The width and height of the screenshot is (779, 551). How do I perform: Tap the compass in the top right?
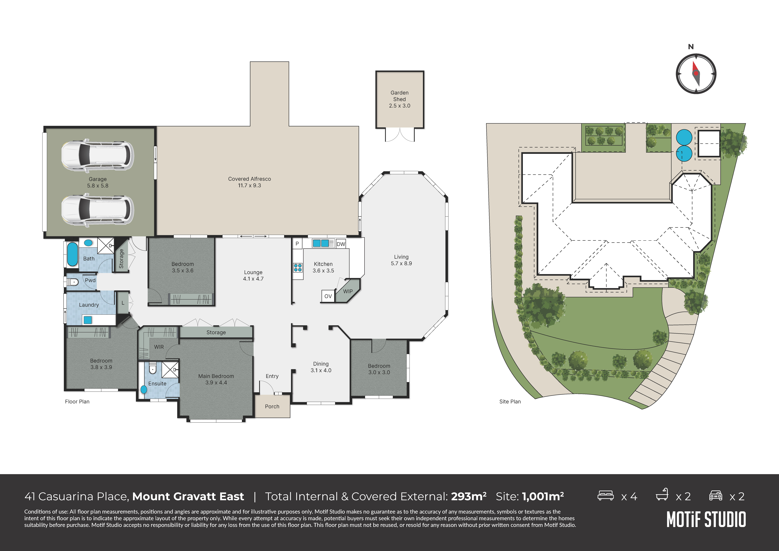(x=696, y=73)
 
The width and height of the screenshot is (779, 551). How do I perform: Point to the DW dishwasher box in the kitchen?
(x=341, y=244)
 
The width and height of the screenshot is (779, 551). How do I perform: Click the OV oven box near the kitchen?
(x=328, y=296)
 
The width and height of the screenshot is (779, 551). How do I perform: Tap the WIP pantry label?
(x=348, y=291)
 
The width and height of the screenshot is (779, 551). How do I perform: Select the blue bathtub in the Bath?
(x=72, y=254)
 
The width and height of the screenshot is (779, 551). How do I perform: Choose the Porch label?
(x=272, y=406)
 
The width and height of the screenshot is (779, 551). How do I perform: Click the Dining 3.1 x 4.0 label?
(x=321, y=367)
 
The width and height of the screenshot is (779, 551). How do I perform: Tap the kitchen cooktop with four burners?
(x=298, y=268)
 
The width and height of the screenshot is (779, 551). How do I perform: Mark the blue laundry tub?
(x=88, y=320)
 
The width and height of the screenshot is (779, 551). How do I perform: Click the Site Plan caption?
(x=510, y=402)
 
